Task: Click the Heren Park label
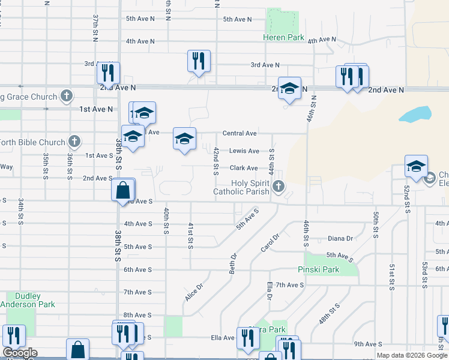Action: [x=284, y=37]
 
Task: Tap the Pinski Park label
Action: [x=319, y=270]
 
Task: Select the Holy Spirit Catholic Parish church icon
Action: [x=278, y=187]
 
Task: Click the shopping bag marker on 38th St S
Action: [x=122, y=190]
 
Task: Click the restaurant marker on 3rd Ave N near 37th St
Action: [x=108, y=73]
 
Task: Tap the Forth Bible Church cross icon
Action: [x=74, y=142]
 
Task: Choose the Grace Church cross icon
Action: [x=66, y=97]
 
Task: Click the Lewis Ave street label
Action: [x=244, y=151]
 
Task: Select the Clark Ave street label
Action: [x=243, y=169]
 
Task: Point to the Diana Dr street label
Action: [x=340, y=238]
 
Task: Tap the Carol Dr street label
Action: [x=270, y=242]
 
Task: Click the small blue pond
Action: [x=415, y=113]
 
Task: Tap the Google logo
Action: [x=20, y=353]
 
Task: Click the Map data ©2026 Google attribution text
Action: [x=412, y=355]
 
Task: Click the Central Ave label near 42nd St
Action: [x=240, y=133]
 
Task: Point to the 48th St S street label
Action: [x=329, y=314]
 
